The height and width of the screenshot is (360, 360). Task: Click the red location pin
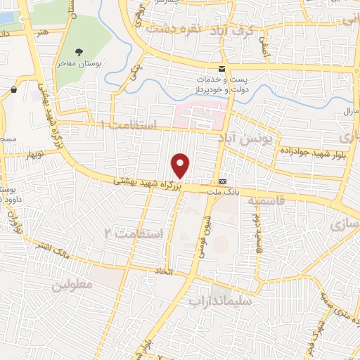tap(181, 165)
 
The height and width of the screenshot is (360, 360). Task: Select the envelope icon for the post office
tap(221, 68)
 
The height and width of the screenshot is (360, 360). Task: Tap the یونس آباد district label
tap(246, 138)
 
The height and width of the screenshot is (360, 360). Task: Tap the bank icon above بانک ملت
tap(222, 179)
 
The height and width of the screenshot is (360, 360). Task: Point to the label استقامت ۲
tap(133, 232)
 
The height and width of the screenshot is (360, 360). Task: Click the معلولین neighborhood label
tap(72, 285)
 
